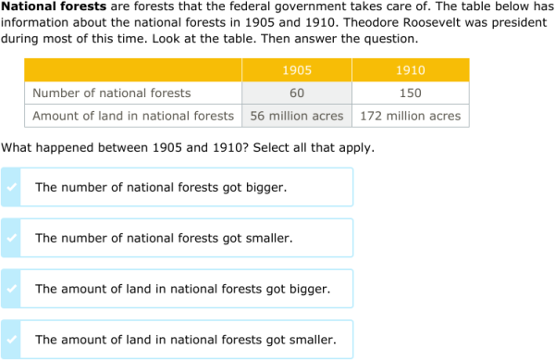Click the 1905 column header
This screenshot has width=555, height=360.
(296, 70)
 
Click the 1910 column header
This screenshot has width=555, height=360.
(410, 70)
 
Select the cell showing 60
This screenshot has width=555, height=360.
(296, 93)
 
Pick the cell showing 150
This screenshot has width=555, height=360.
(410, 93)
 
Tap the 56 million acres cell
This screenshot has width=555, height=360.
(296, 116)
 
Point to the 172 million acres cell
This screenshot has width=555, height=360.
(410, 116)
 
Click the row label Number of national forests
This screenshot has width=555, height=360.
(112, 93)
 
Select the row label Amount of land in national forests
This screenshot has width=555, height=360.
(133, 116)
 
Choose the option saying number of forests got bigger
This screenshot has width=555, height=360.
(161, 187)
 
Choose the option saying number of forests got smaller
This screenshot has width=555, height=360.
(164, 238)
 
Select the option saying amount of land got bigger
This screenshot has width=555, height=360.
(182, 289)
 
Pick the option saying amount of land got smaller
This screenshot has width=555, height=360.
(185, 340)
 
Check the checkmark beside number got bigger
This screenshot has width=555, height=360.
(10, 187)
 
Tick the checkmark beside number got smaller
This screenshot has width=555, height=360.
(10, 238)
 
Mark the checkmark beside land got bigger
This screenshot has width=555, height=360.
(10, 289)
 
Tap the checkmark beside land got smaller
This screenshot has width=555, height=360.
(10, 340)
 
